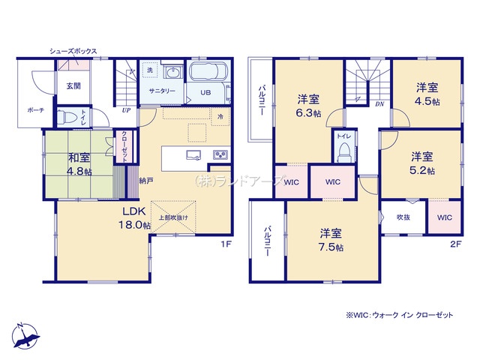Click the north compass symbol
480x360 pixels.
pyautogui.click(x=25, y=336)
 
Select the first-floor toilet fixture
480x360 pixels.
pyautogui.click(x=65, y=117)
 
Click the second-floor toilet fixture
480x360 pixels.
pyautogui.click(x=344, y=152)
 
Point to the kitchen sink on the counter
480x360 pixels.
pyautogui.click(x=193, y=154)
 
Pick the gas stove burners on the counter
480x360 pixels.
pyautogui.click(x=221, y=154)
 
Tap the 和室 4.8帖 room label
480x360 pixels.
pyautogui.click(x=79, y=164)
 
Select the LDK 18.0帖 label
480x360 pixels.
pyautogui.click(x=134, y=218)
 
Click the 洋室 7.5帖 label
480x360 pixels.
pyautogui.click(x=331, y=240)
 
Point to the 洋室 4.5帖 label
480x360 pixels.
pyautogui.click(x=427, y=94)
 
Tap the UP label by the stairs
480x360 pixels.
pyautogui.click(x=126, y=110)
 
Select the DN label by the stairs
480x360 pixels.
pyautogui.click(x=379, y=104)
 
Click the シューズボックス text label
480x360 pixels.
pyautogui.click(x=73, y=51)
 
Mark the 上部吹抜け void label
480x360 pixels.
pyautogui.click(x=173, y=217)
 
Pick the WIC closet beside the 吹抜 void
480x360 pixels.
pyautogui.click(x=445, y=217)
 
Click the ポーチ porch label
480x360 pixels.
pyautogui.click(x=36, y=110)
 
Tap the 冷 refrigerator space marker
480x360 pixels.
pyautogui.click(x=220, y=117)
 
